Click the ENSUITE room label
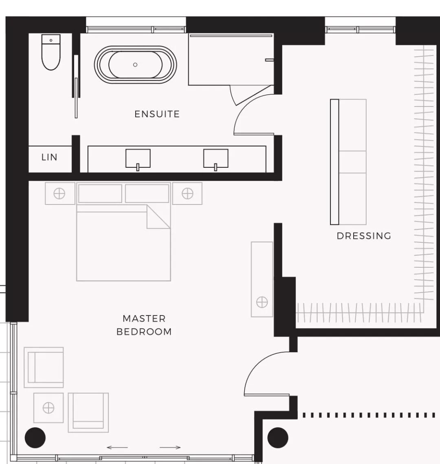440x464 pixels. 157,114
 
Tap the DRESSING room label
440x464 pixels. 364,236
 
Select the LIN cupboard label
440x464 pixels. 49,157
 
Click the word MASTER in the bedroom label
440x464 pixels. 144,319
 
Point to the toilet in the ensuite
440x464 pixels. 51,52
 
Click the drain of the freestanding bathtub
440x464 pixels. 135,64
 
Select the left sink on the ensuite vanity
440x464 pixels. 138,159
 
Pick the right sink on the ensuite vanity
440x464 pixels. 216,159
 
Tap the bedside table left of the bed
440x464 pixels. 60,193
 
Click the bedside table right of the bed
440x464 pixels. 187,193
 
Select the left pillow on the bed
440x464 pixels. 100,193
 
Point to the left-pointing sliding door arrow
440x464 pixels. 117,447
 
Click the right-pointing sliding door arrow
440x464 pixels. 170,447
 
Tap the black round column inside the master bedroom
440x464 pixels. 35,437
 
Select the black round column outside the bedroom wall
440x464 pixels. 278,437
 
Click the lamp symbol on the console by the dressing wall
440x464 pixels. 262,302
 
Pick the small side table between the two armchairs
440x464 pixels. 48,408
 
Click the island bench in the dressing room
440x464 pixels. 348,162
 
